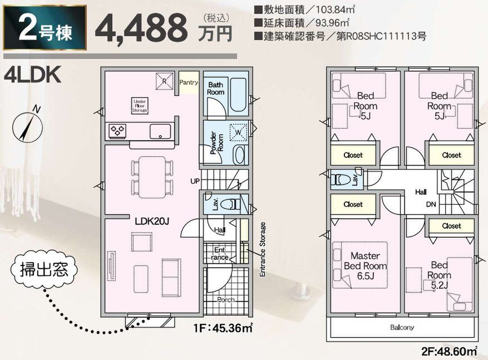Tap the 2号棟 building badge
45,27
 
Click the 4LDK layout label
32,75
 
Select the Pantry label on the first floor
189,82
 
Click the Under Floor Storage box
140,106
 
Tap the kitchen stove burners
117,130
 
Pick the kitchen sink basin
160,131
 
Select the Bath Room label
216,88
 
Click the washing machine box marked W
238,132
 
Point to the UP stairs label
195,181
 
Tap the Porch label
226,300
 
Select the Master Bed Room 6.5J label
366,265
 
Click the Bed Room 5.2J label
439,275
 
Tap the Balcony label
402,327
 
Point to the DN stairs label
431,204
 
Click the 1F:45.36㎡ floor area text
223,328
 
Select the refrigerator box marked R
165,81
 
